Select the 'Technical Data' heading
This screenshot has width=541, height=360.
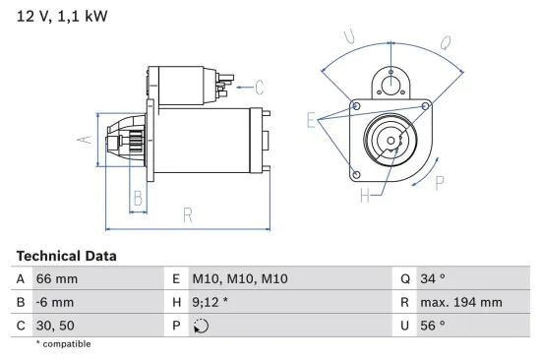pos(66,256)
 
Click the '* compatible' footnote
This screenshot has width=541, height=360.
pos(63,344)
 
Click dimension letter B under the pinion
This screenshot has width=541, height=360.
pos(138,200)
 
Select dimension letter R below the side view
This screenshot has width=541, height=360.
pos(187,214)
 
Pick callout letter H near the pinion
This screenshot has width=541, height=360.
pos(364,196)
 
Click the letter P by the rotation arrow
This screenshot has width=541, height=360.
pos(440,181)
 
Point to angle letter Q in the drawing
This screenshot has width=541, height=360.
pos(445,42)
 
